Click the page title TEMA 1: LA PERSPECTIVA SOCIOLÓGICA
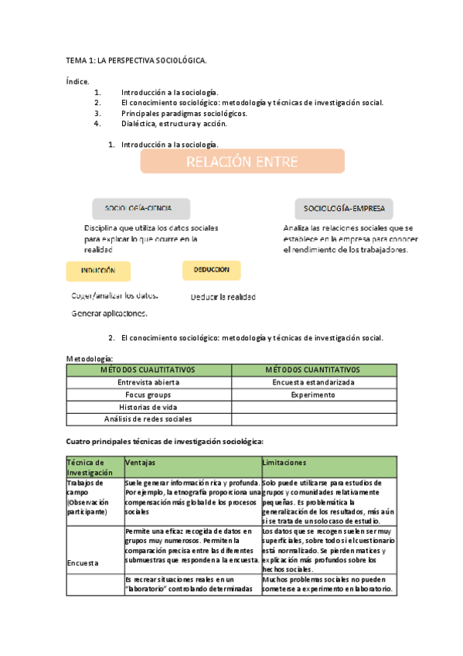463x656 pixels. tap(136, 60)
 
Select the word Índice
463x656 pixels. tap(77, 80)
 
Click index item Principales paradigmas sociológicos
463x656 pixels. tap(184, 113)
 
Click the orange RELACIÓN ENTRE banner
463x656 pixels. tap(242, 161)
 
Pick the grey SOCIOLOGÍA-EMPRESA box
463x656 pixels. tap(344, 208)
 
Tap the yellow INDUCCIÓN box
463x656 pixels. tap(98, 271)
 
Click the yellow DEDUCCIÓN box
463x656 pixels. tap(211, 269)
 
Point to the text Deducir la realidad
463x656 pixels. tap(223, 297)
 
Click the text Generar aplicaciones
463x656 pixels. tap(109, 313)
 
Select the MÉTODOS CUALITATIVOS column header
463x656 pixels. tap(148, 370)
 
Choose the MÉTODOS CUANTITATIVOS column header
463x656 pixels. tap(313, 370)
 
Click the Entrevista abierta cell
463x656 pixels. tap(148, 382)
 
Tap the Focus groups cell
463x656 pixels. tap(148, 395)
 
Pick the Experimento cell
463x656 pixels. tap(313, 395)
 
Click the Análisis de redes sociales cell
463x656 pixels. tap(148, 419)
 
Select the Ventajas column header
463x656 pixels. tap(140, 462)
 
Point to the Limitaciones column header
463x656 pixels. tap(285, 462)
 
